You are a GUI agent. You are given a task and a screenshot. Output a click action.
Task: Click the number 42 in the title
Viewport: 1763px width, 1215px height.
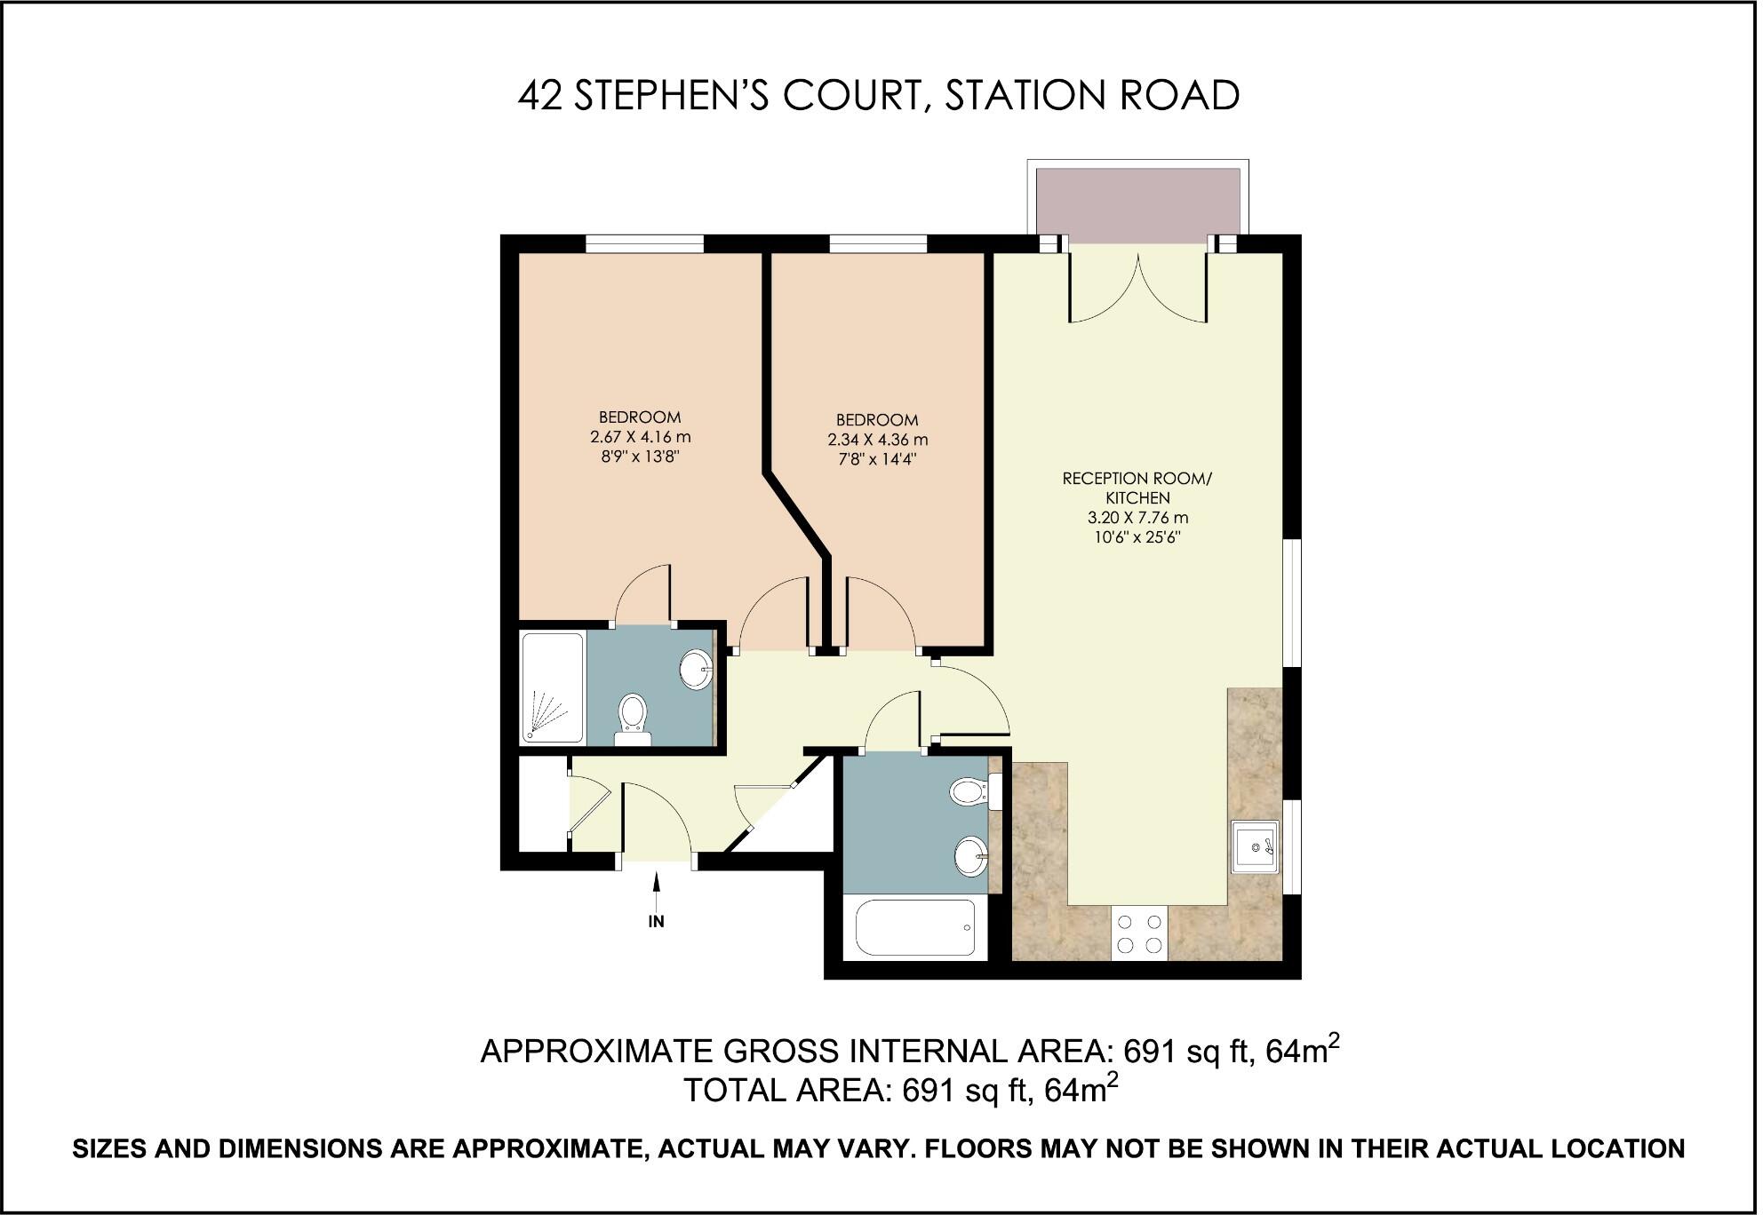[540, 96]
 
